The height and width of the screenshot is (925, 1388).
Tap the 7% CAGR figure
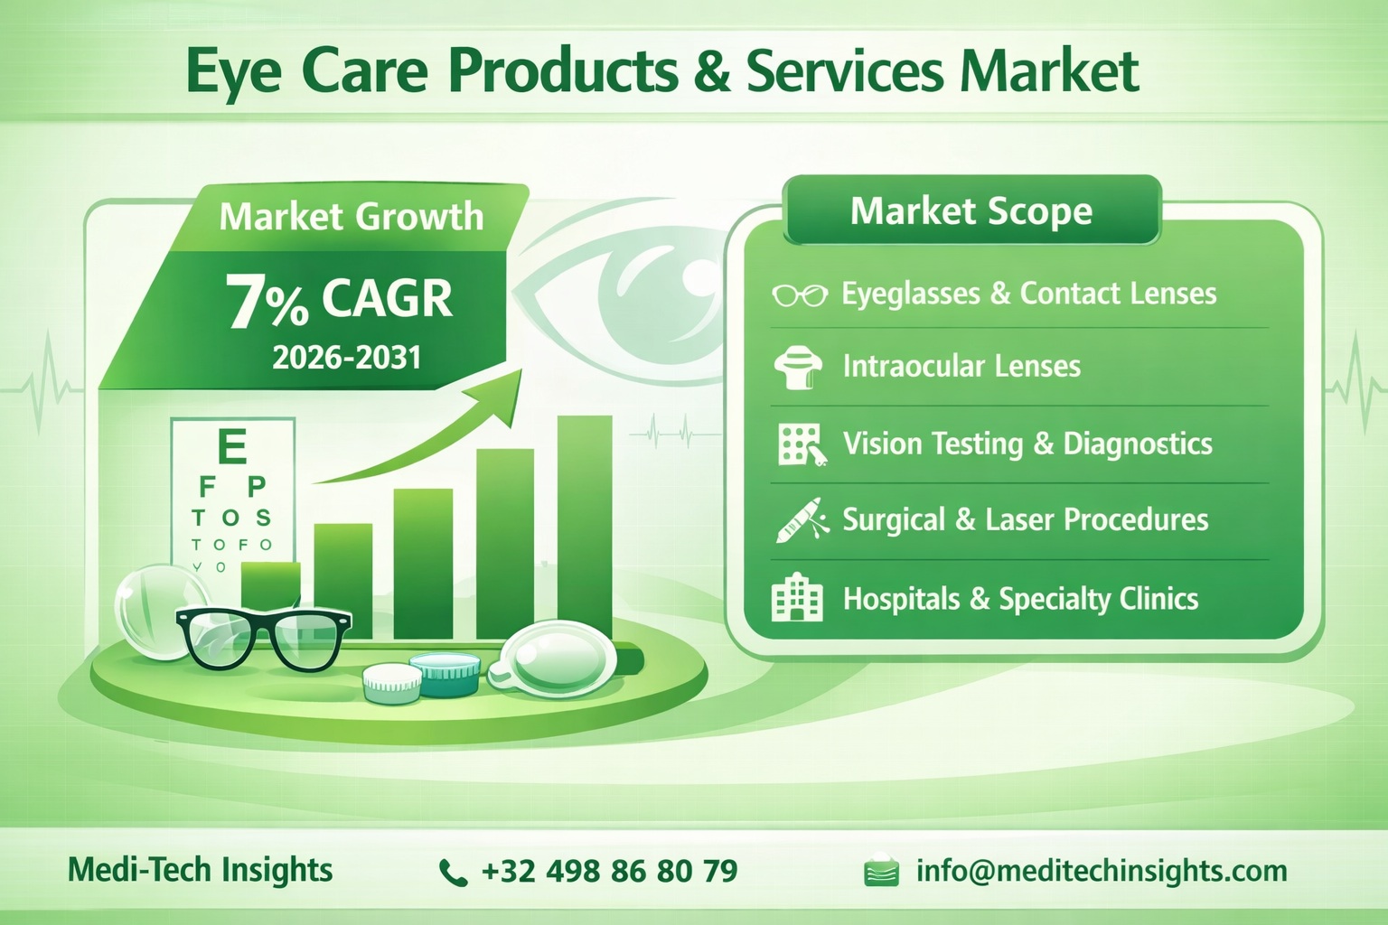tap(339, 300)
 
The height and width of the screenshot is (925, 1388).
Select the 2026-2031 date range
tap(347, 358)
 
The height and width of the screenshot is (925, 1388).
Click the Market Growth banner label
tap(351, 217)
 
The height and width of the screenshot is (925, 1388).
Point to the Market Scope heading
tap(971, 211)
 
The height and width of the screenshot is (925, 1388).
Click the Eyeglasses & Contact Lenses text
tap(1028, 294)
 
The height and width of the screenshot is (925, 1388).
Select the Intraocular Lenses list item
tap(961, 366)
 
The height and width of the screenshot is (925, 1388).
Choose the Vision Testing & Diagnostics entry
tap(1027, 444)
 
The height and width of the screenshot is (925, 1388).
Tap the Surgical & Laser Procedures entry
tap(1025, 520)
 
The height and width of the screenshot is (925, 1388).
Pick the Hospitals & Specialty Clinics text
tap(1020, 599)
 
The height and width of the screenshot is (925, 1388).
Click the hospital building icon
tap(797, 598)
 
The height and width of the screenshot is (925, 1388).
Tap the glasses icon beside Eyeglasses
tap(799, 294)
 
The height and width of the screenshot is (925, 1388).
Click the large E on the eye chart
tap(232, 446)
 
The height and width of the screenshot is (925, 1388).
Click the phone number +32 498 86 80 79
tap(609, 871)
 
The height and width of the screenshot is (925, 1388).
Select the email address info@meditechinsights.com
tap(1101, 871)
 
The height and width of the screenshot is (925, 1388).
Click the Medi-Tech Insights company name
tap(201, 870)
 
